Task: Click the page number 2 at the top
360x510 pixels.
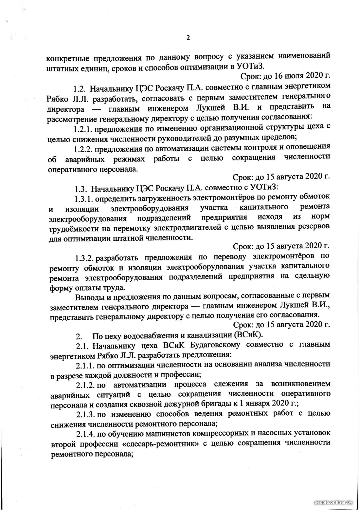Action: point(188,38)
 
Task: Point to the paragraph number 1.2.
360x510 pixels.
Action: point(80,89)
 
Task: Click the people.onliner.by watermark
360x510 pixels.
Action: point(333,502)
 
